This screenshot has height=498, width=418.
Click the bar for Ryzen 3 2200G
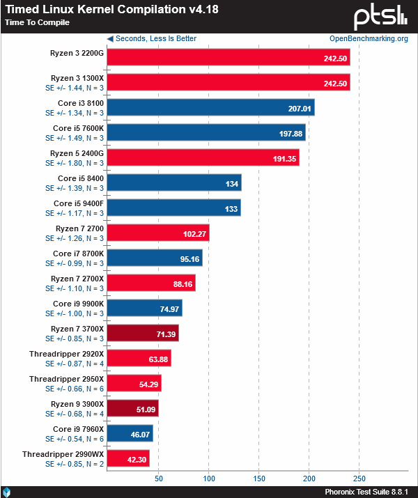coord(228,57)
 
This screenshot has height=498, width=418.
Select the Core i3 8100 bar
coord(210,107)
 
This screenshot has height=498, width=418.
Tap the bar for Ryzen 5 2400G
coord(203,157)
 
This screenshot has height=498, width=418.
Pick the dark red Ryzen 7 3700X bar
coord(143,333)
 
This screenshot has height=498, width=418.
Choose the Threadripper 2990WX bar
coord(128,458)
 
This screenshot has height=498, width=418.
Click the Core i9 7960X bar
coord(130,433)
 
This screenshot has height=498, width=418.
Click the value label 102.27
coord(194,233)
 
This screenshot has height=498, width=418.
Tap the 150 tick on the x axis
coord(258,478)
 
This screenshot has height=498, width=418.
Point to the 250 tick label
coord(359,478)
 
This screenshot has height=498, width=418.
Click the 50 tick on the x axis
coord(158,478)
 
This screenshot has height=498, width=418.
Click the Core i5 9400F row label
coord(79,203)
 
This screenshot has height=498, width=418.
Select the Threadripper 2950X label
coord(67,379)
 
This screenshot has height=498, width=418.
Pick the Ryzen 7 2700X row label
coord(77,279)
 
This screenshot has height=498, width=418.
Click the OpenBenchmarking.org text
coord(369,39)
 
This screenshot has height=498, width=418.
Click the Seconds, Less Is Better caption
coord(152,39)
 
